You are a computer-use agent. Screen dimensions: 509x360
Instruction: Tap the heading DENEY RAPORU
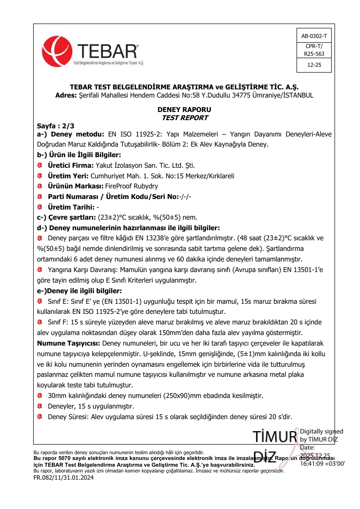coord(185,110)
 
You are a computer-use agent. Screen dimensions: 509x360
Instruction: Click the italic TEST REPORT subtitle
coord(185,118)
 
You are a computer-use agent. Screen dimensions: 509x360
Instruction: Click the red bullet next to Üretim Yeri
coord(40,175)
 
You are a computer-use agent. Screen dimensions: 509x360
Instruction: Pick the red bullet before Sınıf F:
coord(40,323)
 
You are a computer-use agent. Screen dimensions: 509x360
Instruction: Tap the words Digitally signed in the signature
coord(322,431)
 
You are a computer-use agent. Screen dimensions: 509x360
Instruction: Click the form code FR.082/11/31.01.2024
coord(63,478)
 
